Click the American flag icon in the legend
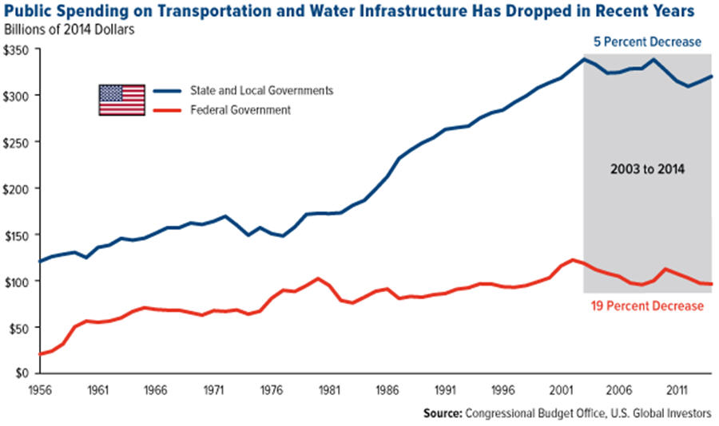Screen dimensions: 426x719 (x=121, y=100)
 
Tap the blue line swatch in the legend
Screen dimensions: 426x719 (x=169, y=91)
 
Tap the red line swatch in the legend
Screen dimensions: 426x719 (x=169, y=110)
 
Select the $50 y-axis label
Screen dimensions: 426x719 (x=20, y=328)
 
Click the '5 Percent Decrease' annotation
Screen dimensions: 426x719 (x=646, y=41)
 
